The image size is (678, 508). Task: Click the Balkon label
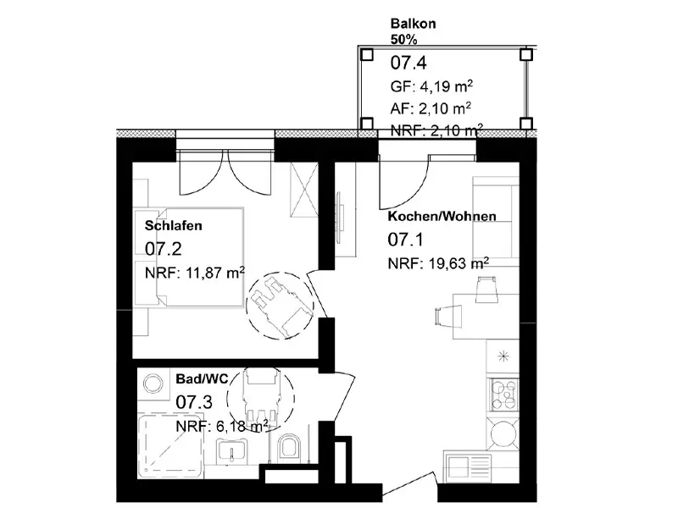click(x=413, y=24)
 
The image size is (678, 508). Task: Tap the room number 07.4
click(x=408, y=63)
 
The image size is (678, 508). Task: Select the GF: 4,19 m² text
click(x=431, y=86)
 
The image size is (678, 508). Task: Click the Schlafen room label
click(x=174, y=225)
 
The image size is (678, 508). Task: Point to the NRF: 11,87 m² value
click(x=195, y=273)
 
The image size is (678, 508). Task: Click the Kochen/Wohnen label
click(x=442, y=216)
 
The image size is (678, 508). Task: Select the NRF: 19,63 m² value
click(x=438, y=262)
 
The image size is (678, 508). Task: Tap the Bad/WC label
click(x=202, y=378)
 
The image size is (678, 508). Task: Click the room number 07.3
click(x=194, y=402)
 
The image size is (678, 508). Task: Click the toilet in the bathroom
click(x=289, y=447)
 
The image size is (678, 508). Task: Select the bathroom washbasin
click(x=231, y=451)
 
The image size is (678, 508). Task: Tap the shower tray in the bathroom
click(x=170, y=446)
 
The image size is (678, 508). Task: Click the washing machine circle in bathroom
click(x=153, y=384)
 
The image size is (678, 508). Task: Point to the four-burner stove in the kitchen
click(x=503, y=394)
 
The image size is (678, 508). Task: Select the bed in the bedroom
click(x=189, y=257)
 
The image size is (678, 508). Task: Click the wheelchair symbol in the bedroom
click(x=280, y=306)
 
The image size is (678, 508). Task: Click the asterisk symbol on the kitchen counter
click(x=503, y=356)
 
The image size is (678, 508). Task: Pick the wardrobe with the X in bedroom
click(x=304, y=189)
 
